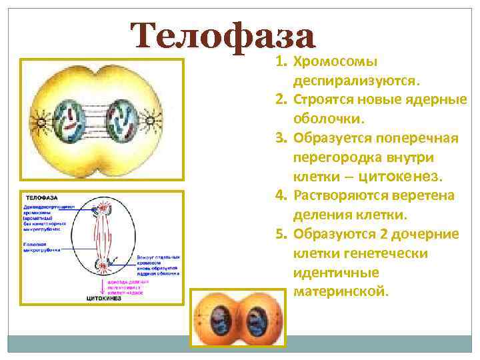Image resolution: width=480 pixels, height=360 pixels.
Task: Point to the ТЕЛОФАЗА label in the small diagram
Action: point(41,199)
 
